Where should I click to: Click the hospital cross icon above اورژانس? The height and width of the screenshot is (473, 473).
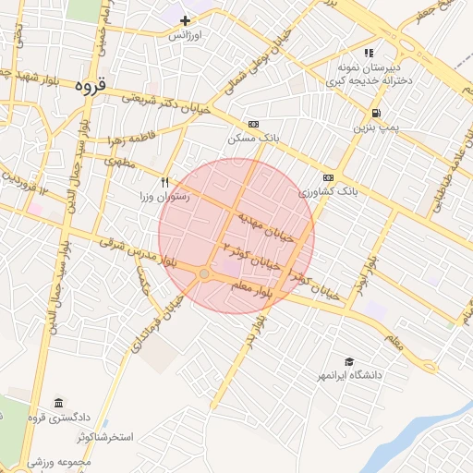coord(186,20)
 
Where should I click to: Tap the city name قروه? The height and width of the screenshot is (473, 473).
coord(91,85)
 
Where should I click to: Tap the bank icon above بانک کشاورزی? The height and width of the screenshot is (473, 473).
coord(328,177)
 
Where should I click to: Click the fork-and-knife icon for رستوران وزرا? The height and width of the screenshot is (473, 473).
coord(165,182)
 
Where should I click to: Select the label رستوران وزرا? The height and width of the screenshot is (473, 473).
coord(164,197)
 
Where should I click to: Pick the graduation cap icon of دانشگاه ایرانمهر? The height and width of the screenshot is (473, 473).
coord(349,361)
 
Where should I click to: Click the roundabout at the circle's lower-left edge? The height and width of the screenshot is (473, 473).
coord(204,273)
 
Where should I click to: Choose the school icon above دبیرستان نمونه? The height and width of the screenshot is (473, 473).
coord(370,53)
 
